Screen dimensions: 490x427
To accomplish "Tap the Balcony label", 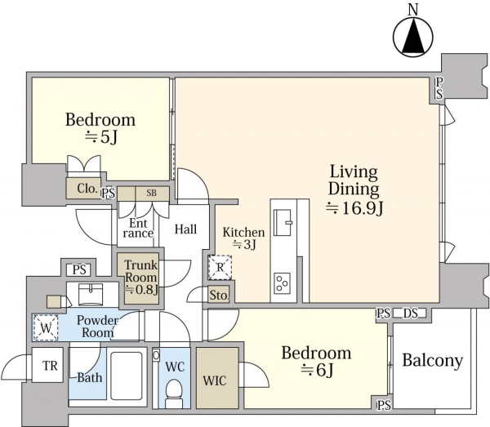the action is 432,361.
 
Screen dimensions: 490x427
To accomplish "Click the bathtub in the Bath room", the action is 127,376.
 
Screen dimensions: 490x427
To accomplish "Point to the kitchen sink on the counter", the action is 283,222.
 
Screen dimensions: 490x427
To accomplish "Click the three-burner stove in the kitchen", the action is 283,283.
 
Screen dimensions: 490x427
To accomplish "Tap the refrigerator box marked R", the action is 220,267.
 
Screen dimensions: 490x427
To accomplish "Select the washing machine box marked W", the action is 46,328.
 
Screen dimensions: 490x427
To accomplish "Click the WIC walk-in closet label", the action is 214,380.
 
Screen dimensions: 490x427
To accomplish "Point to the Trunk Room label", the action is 141,271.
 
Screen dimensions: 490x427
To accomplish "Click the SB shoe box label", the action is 152,193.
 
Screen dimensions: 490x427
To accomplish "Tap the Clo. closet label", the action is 87,189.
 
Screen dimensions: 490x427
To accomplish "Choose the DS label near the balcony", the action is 410,313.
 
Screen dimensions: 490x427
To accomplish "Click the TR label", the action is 51,366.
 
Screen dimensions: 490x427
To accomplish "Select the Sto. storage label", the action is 220,295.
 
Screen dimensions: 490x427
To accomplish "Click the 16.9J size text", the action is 354,208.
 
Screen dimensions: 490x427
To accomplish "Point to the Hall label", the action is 185,229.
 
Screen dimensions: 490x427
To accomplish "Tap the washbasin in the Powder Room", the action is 91,294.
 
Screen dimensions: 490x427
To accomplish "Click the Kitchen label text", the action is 243,233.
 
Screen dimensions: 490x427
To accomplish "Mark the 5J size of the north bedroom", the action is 101,137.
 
